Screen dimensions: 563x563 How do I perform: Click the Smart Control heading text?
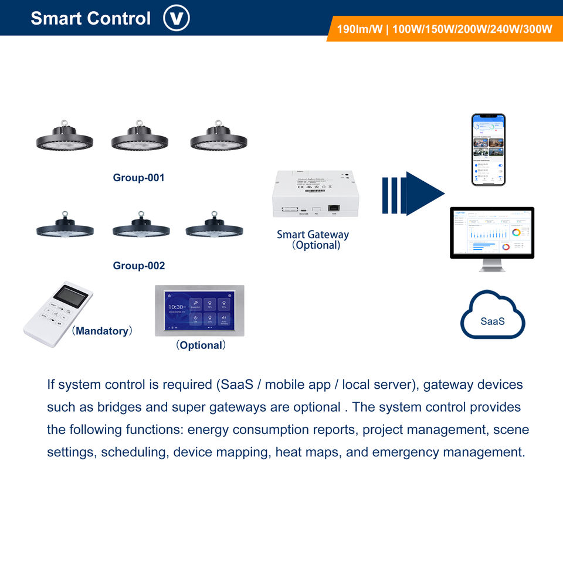(90, 18)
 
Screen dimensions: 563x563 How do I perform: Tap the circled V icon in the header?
(177, 18)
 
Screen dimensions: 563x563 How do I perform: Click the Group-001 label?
(139, 178)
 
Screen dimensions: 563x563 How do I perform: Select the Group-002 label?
(139, 266)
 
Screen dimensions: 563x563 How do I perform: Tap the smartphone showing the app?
(489, 150)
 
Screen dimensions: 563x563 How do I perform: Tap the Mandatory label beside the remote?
(102, 331)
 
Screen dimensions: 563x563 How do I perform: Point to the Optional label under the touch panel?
(201, 345)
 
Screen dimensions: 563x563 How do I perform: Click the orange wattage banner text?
(444, 29)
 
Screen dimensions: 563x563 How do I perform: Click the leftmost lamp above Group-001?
(65, 137)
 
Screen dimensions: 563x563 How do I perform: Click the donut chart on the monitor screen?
(516, 232)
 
